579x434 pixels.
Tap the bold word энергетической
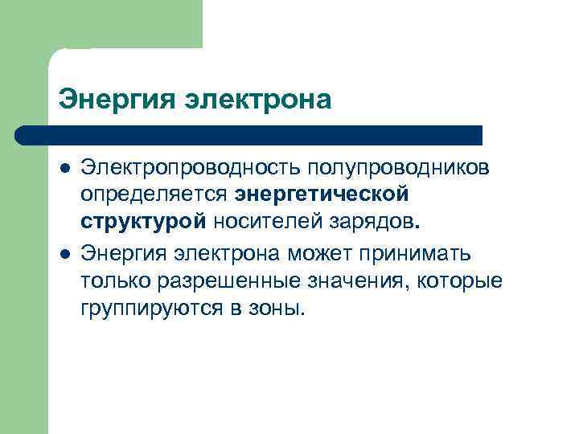click(x=322, y=195)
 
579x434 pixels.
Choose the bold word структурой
click(x=144, y=223)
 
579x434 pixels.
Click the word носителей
click(x=266, y=223)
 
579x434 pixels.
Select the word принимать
click(x=421, y=254)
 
